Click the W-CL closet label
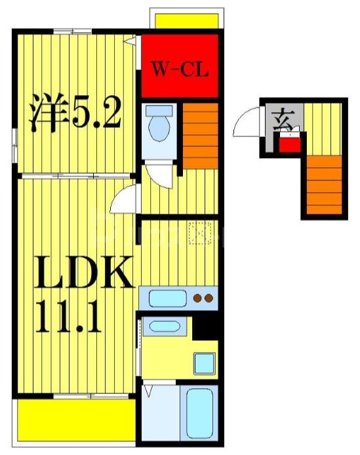click(180, 68)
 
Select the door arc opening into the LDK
click(125, 201)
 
